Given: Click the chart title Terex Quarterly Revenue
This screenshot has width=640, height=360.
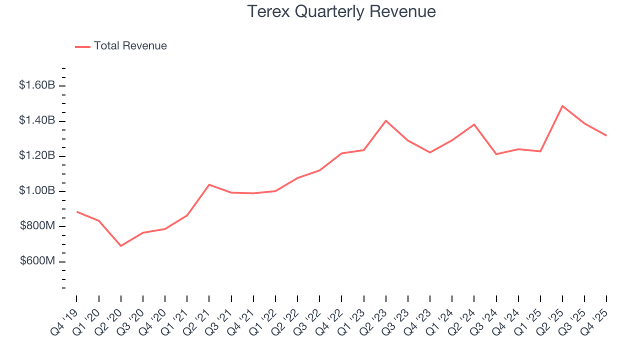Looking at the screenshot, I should click(342, 11).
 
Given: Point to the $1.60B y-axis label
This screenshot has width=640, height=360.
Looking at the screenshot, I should click(37, 85).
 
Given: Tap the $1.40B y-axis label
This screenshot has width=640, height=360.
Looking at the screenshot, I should click(37, 120).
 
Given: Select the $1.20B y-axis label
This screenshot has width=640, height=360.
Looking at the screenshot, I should click(37, 156).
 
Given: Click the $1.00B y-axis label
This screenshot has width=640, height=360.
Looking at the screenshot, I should click(37, 191).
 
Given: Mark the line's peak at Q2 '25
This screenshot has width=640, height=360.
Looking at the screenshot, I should click(562, 106).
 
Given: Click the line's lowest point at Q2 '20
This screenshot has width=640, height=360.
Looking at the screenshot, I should click(121, 245).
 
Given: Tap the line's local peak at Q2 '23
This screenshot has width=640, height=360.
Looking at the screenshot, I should click(386, 120).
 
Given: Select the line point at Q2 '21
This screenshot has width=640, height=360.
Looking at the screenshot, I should click(209, 184).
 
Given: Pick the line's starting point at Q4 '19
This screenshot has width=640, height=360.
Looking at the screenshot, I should click(77, 211).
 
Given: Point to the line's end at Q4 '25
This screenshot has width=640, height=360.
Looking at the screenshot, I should click(606, 135).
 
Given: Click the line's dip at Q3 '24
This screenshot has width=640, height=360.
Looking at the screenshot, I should click(496, 154).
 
